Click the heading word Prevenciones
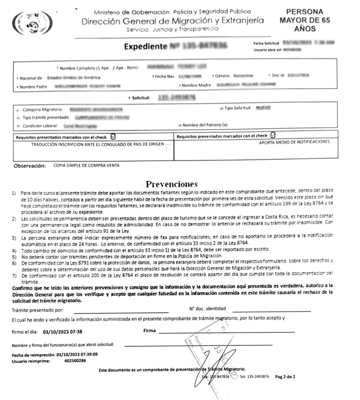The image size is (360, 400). (172, 184)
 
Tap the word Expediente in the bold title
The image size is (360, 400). (145, 47)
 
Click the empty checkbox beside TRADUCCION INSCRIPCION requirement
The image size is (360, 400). (168, 147)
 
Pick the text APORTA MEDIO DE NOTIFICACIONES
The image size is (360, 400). (294, 142)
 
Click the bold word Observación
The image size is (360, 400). (30, 166)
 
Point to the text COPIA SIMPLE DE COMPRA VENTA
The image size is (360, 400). (86, 166)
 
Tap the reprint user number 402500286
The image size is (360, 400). (75, 361)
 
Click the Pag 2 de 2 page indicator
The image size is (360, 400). (285, 377)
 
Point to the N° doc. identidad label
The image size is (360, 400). (208, 309)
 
